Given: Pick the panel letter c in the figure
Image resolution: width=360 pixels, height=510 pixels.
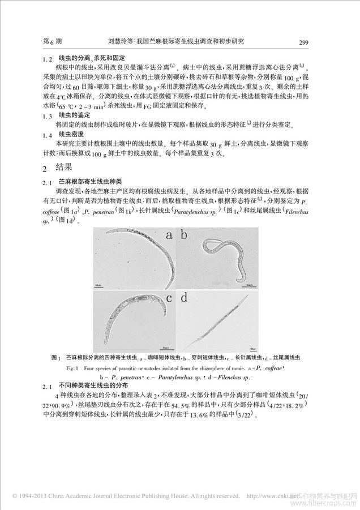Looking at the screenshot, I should click(169, 298).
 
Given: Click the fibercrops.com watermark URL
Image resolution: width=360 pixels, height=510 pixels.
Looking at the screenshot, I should click(335, 501).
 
